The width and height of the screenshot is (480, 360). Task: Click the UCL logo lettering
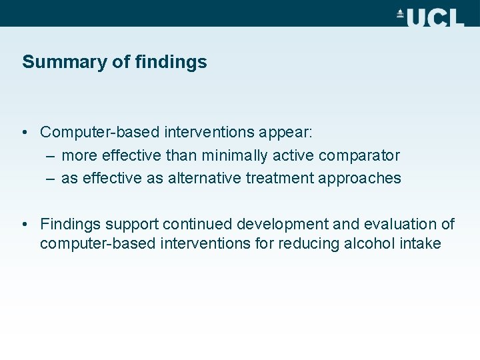[435, 17]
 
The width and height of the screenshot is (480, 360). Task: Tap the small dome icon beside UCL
[401, 13]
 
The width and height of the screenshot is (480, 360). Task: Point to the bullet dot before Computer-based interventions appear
[24, 133]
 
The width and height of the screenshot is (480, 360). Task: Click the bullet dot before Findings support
[24, 224]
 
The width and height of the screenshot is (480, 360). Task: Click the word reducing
[308, 243]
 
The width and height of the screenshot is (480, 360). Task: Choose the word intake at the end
[421, 243]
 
